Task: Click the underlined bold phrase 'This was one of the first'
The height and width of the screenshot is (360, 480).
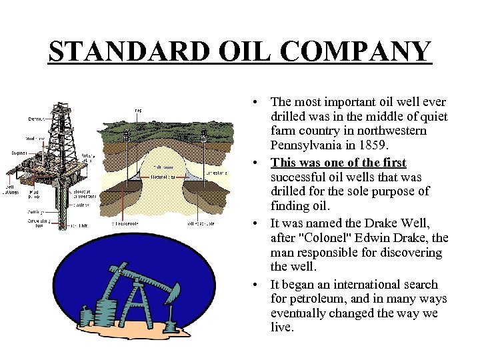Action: point(339,163)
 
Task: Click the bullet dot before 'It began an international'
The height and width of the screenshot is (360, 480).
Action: point(256,285)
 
